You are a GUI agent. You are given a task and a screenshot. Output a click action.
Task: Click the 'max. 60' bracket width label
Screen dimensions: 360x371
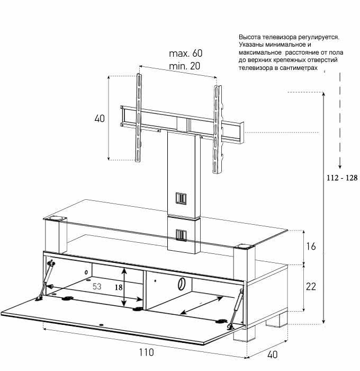185,53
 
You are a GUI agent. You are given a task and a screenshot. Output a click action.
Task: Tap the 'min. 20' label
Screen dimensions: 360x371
185,66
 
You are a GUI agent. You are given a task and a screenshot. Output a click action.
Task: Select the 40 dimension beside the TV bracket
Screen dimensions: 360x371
100,118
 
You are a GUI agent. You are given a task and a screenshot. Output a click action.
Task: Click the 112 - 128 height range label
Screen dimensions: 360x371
342,178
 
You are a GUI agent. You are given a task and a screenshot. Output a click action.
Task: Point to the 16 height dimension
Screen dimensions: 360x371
311,246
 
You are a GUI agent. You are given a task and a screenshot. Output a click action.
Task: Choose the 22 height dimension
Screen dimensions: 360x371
311,287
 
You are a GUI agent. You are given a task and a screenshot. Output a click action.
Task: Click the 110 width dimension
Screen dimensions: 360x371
146,352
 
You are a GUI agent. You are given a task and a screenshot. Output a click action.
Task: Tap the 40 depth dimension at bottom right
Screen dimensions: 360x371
272,355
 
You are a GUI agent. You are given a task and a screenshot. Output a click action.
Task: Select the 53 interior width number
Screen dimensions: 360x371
97,287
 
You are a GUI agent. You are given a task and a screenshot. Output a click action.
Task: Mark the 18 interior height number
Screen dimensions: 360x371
119,287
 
